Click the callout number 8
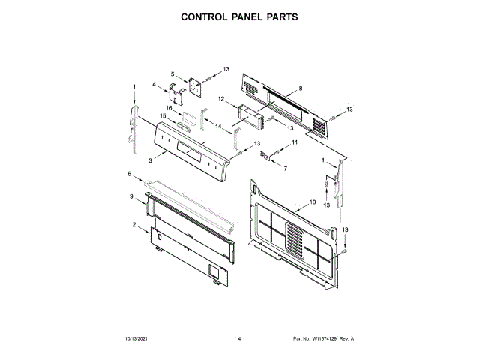tap(300, 88)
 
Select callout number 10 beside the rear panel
tap(313, 202)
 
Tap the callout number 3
tap(151, 160)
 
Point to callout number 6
tap(129, 175)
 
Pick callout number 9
tap(131, 196)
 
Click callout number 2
tap(134, 225)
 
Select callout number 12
tap(221, 98)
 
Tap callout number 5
tap(172, 73)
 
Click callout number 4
tap(154, 85)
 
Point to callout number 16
tap(169, 108)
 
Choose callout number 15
tap(162, 115)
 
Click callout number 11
tap(295, 142)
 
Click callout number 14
tap(218, 127)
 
